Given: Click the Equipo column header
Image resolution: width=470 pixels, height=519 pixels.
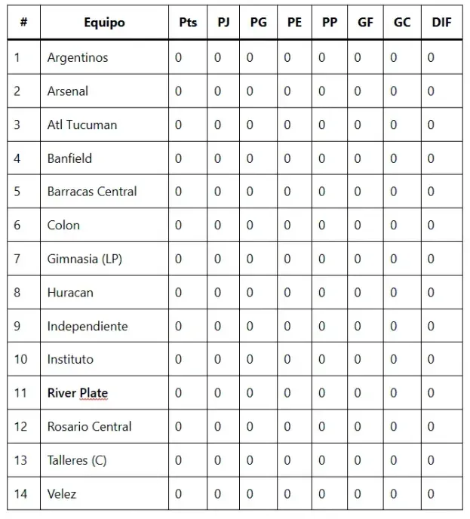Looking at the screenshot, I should point(104,23).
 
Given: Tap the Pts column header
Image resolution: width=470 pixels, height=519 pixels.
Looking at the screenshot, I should point(188,23).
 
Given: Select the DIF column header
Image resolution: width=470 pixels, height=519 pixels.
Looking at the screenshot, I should point(441,23).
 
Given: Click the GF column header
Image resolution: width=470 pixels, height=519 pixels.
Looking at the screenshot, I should point(365,23).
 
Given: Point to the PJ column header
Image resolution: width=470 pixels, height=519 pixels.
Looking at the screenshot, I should point(224,23).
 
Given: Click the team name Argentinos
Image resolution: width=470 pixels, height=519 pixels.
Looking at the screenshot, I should point(78,58).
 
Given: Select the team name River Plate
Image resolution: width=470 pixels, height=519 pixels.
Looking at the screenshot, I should point(78,393).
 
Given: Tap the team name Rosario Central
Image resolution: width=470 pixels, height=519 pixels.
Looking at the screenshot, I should point(89,427).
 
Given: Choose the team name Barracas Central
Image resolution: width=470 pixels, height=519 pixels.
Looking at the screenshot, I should point(92,192).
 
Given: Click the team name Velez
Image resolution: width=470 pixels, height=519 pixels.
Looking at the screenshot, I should point(62,494).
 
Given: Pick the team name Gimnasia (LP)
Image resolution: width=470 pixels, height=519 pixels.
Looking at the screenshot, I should point(84,259).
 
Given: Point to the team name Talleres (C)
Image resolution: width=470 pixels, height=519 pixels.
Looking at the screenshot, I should point(77,460).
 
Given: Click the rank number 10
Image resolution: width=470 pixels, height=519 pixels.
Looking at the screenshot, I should point(20,360).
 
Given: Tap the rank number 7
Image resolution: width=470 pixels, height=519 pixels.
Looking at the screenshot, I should point(17,259).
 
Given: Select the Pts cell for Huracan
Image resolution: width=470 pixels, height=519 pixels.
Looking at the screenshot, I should point(179,293).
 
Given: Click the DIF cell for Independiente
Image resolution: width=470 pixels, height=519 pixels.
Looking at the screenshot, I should point(431,326).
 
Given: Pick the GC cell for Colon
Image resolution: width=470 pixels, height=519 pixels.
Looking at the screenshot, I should point(393,226).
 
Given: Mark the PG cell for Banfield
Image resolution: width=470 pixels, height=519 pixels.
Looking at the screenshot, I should point(250,158).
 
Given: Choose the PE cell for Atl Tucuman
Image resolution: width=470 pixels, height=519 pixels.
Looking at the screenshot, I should point(287,124).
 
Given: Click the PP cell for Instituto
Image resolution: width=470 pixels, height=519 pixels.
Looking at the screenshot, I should point(322,360).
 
